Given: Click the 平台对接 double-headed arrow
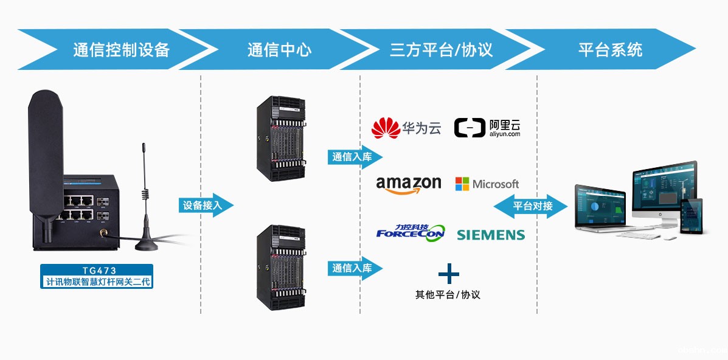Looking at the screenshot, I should pyautogui.click(x=530, y=206).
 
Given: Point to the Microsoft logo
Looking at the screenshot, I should pyautogui.click(x=487, y=184).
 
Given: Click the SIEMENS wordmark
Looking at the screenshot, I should pyautogui.click(x=490, y=235).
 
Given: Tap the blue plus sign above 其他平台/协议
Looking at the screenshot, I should pyautogui.click(x=448, y=274).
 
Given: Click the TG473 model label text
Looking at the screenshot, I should pyautogui.click(x=97, y=271).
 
